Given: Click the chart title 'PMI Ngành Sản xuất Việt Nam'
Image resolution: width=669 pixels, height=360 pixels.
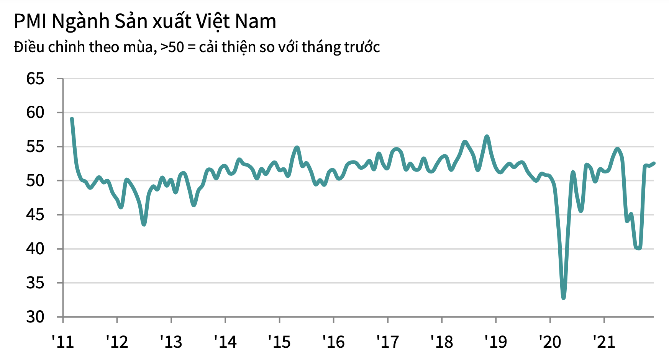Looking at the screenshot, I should click(x=145, y=21).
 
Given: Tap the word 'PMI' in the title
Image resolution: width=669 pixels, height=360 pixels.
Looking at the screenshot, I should click(x=30, y=21).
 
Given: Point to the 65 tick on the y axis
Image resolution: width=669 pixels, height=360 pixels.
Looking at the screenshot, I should click(x=35, y=79).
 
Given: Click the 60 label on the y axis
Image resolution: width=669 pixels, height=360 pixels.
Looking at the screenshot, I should click(x=35, y=113).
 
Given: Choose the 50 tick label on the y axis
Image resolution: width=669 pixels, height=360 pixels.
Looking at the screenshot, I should click(x=35, y=181).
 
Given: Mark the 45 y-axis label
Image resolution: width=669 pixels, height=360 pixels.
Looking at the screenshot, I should click(x=35, y=215).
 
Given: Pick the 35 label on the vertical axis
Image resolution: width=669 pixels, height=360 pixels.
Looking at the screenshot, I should click(x=35, y=283).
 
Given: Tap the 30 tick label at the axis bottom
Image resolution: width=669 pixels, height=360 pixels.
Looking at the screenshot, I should click(x=35, y=317).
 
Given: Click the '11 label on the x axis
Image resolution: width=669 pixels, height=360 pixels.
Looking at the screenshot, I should click(x=63, y=342).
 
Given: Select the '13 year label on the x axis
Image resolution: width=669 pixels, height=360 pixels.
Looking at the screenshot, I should click(x=171, y=342).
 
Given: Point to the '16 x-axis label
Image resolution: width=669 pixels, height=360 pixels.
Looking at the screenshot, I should click(x=333, y=342).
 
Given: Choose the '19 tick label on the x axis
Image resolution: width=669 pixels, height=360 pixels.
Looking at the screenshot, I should click(x=496, y=342).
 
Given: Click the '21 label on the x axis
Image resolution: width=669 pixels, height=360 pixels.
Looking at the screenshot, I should click(x=604, y=342).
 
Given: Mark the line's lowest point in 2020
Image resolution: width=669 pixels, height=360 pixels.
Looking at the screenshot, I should click(x=563, y=298).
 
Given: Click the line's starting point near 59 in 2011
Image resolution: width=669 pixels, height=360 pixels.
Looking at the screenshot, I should click(x=72, y=119).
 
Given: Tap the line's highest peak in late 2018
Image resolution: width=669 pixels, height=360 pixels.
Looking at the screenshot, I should click(x=487, y=136).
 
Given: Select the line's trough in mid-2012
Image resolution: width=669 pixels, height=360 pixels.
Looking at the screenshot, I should click(x=144, y=224).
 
